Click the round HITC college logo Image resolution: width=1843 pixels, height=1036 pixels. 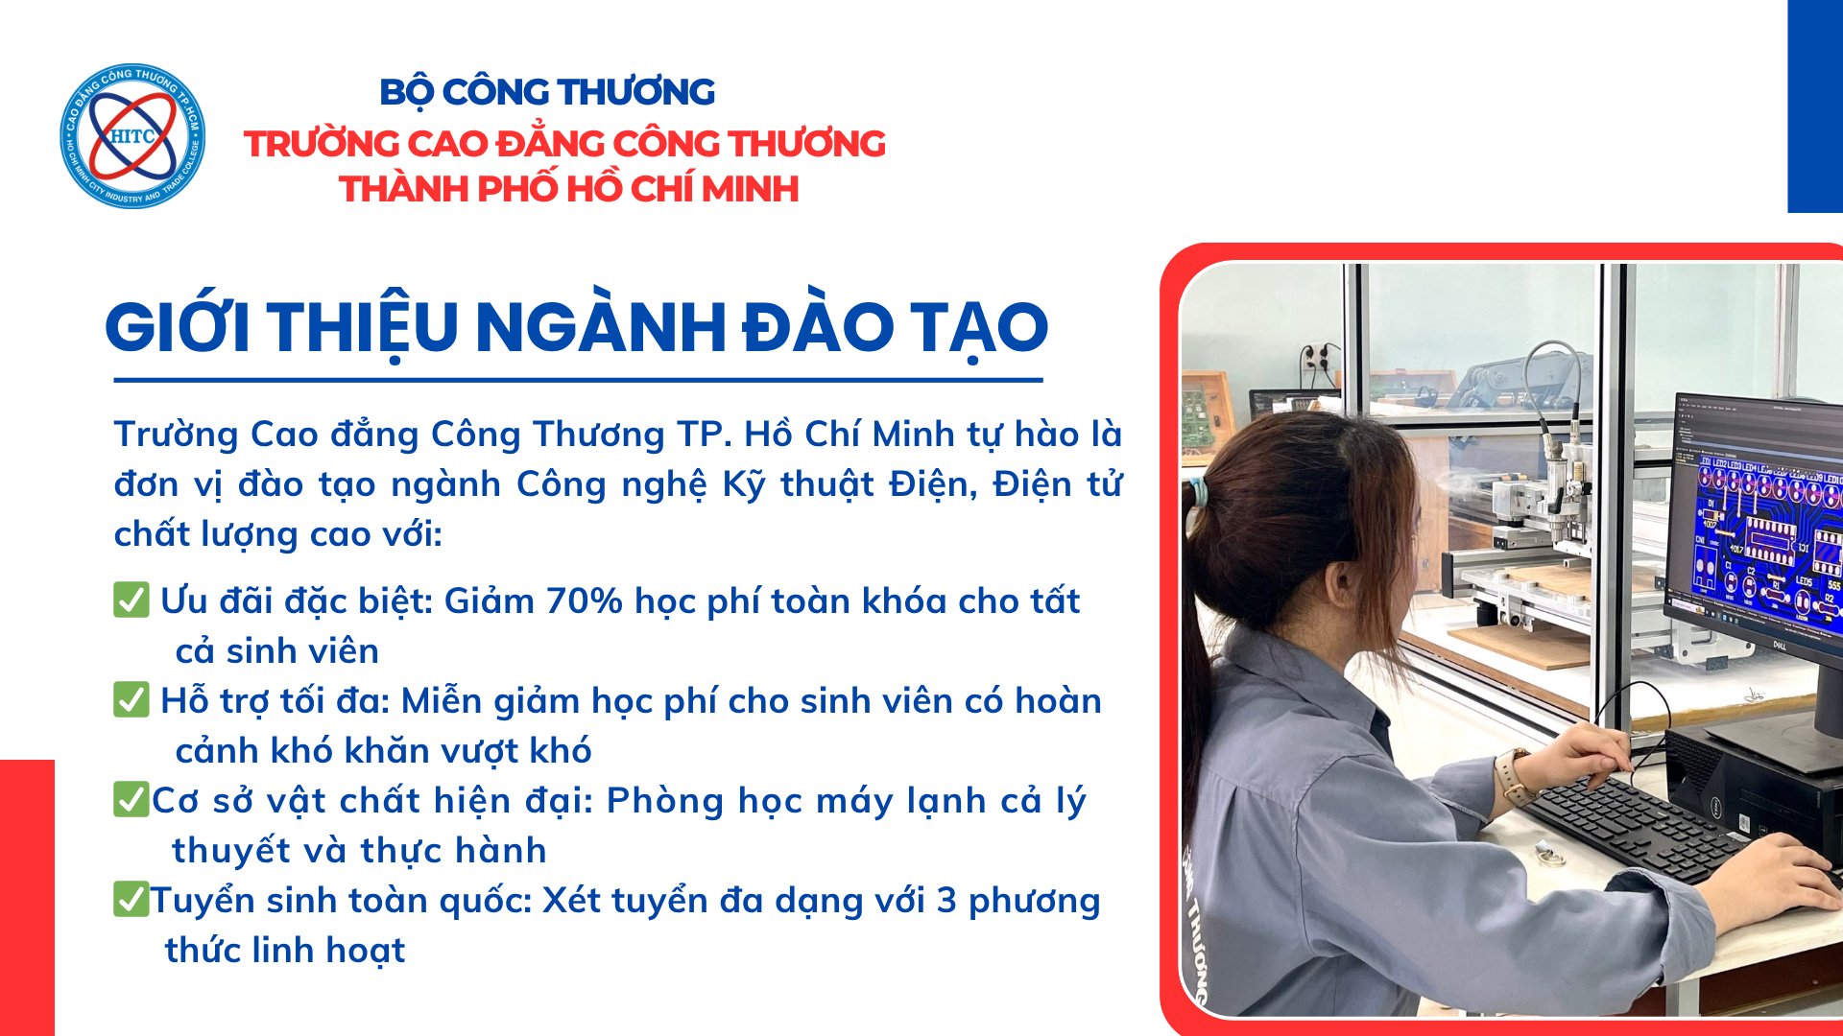(132, 136)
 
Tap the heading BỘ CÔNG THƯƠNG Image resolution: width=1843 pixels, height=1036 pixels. (547, 93)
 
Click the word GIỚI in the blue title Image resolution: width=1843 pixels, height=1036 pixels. (178, 326)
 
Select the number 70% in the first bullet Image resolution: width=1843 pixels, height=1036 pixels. (585, 601)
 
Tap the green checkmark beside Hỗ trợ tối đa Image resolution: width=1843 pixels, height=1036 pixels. (132, 699)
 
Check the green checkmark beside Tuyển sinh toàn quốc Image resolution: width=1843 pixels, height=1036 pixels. (132, 899)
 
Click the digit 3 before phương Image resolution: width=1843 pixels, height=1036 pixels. (946, 901)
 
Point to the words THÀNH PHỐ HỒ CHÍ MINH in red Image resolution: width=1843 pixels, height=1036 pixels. (569, 189)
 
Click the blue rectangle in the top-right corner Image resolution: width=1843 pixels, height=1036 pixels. (1815, 106)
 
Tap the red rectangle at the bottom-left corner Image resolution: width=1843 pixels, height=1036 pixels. (27, 898)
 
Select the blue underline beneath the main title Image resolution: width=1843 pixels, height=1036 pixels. (578, 380)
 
